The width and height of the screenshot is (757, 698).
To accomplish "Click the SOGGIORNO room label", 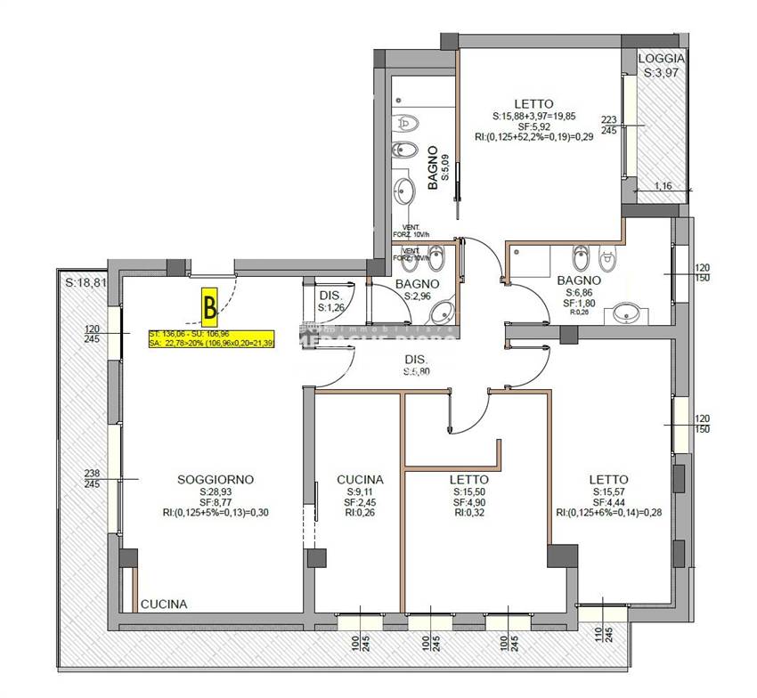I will pyautogui.click(x=215, y=480).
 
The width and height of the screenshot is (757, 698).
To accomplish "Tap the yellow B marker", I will pyautogui.click(x=210, y=306).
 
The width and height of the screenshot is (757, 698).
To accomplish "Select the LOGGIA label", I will pyautogui.click(x=661, y=59).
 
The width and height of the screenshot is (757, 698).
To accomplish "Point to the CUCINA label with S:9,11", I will pyautogui.click(x=360, y=480).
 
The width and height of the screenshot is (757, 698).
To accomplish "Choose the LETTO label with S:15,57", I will pyautogui.click(x=608, y=480).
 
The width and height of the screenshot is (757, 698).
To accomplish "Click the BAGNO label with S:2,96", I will pyautogui.click(x=418, y=285).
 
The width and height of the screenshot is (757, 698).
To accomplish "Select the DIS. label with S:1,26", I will pyautogui.click(x=331, y=296).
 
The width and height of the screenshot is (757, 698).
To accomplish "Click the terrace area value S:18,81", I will pyautogui.click(x=85, y=282).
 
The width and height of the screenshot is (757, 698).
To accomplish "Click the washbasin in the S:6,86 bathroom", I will pyautogui.click(x=631, y=313).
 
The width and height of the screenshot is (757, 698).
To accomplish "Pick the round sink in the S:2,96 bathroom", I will pyautogui.click(x=442, y=312).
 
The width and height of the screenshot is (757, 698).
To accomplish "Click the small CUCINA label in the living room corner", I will pyautogui.click(x=165, y=604).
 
